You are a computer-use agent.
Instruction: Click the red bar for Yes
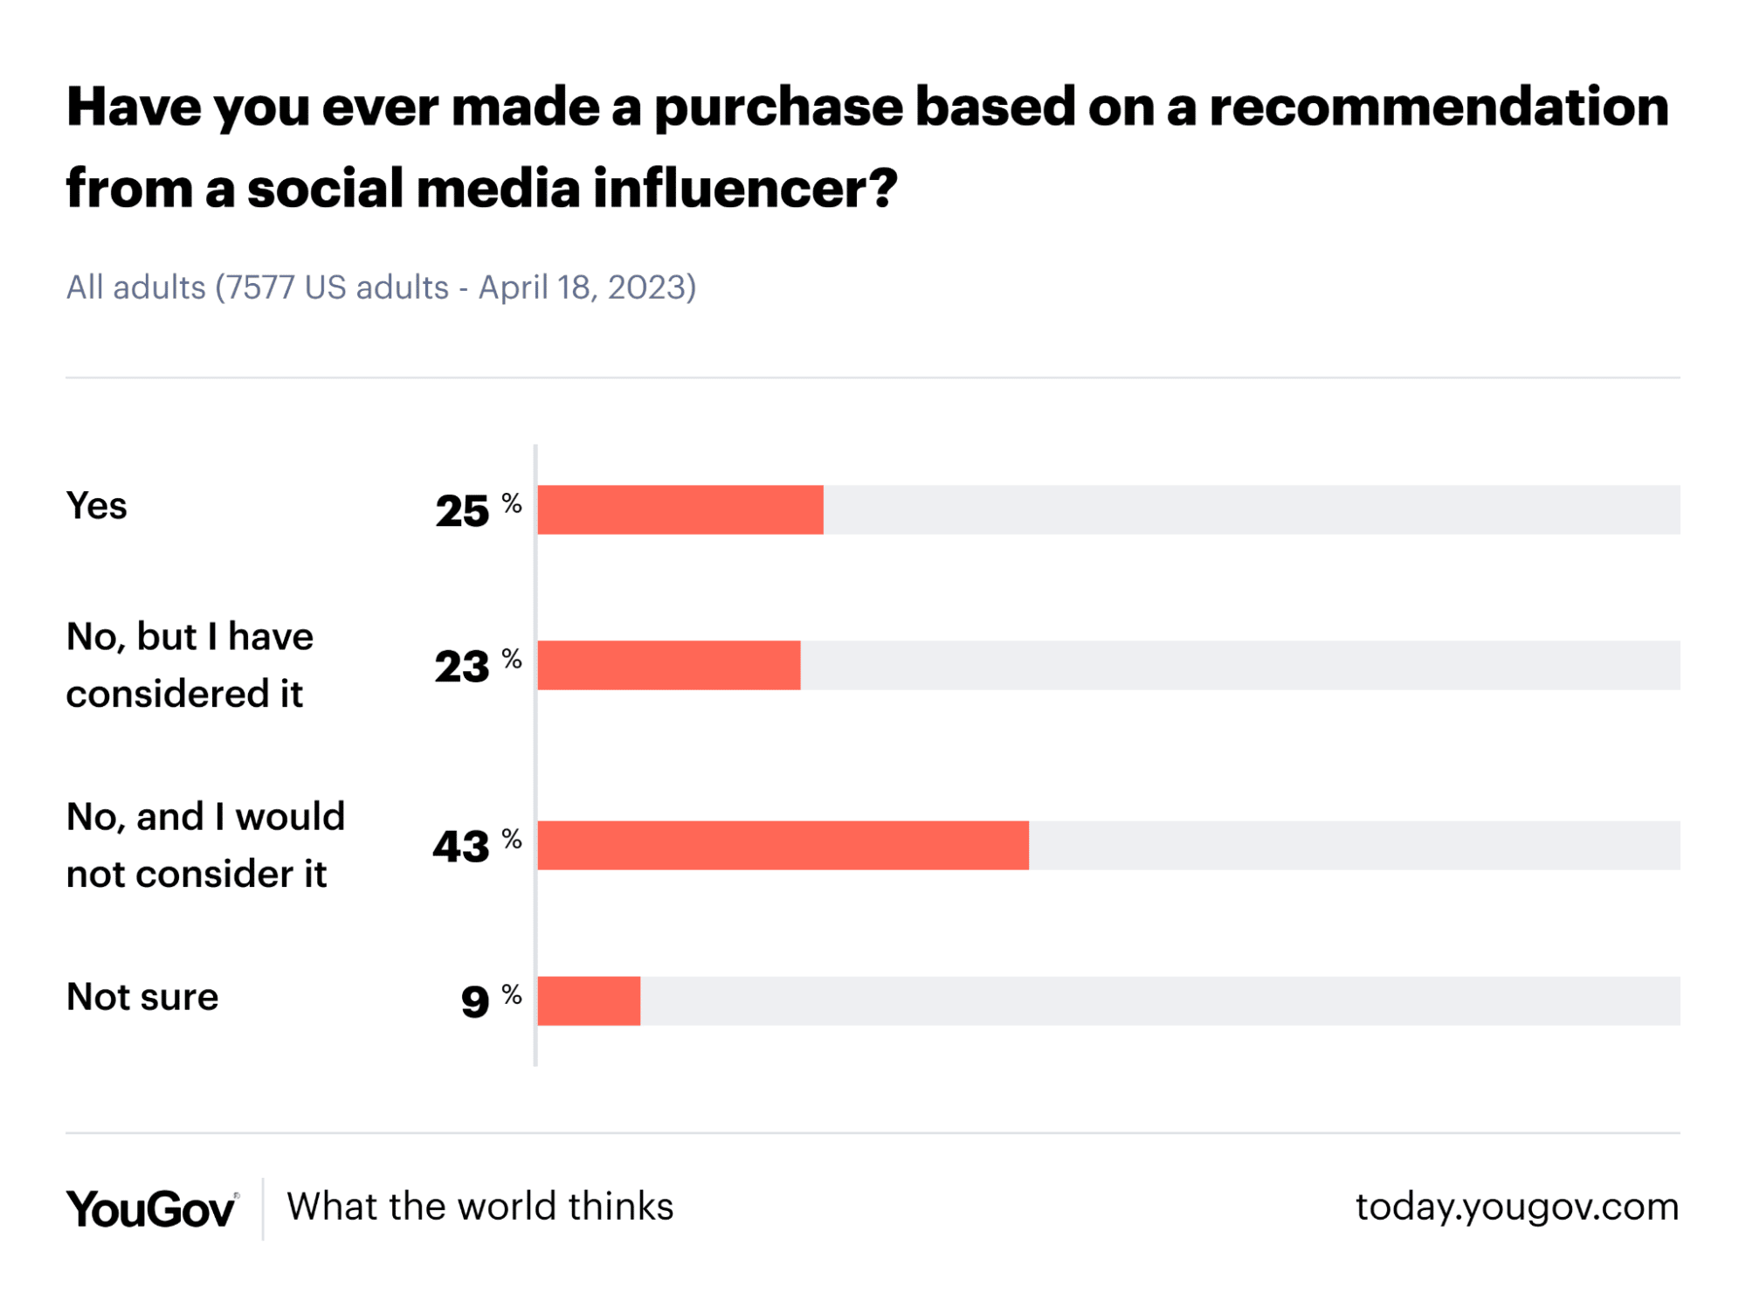coord(680,509)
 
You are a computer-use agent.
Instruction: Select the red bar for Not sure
coord(589,1000)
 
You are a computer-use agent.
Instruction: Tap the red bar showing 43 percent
coord(783,845)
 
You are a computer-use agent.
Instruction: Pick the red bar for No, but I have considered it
coord(668,665)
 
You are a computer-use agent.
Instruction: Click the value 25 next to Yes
coord(462,511)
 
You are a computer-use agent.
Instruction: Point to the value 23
coord(462,667)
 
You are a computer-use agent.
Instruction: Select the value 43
coord(461,847)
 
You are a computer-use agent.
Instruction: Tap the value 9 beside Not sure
coord(474,1001)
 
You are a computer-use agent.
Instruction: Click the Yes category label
coord(96,506)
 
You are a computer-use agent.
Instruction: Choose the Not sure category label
coord(142,997)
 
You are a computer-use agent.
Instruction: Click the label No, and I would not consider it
coord(205,845)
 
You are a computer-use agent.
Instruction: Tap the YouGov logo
coord(151,1208)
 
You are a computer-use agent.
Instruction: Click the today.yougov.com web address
coord(1516,1207)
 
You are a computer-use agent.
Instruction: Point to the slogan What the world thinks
coord(480,1207)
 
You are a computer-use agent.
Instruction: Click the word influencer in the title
coord(744,188)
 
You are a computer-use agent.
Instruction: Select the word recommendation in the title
coord(1439,107)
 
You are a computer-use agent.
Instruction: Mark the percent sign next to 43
coord(512,840)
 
